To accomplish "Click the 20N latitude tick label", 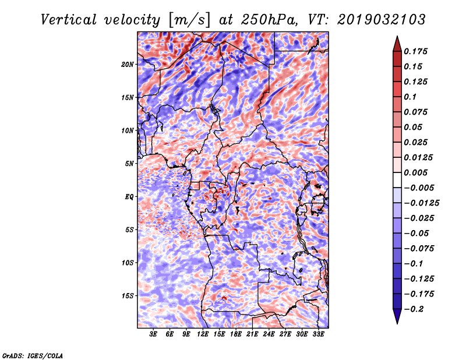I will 128,64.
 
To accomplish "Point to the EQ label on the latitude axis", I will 129,197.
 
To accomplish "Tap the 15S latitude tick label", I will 128,296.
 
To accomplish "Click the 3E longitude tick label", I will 154,334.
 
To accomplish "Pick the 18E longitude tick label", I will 236,334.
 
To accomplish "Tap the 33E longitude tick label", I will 318,334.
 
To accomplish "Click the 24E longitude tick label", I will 269,334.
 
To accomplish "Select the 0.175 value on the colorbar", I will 418,51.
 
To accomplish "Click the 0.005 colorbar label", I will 418,172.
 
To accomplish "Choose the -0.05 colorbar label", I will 418,233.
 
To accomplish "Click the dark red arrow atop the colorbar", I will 396,43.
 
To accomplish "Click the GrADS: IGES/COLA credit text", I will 33,354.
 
